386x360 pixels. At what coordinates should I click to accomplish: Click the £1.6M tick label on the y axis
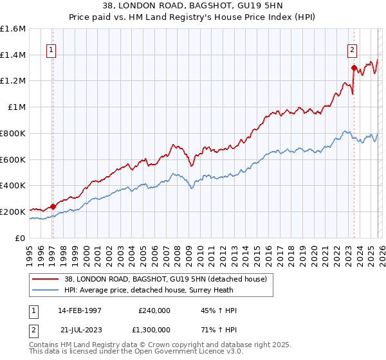click(x=13, y=29)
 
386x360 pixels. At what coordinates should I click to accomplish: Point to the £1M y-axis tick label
click(x=17, y=107)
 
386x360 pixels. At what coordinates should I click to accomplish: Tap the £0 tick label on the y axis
click(x=21, y=238)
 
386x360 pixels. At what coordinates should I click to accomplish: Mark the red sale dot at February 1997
click(x=53, y=206)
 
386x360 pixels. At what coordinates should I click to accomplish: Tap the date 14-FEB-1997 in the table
click(x=80, y=310)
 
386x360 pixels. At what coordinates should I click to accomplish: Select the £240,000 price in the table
click(x=154, y=310)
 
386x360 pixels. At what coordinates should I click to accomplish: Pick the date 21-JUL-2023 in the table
click(x=80, y=329)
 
